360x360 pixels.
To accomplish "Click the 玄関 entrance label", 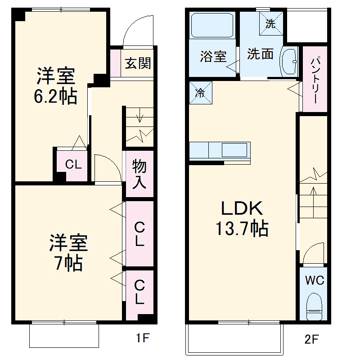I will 138,63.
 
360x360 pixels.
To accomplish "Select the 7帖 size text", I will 68,262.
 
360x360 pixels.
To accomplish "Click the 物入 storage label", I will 139,174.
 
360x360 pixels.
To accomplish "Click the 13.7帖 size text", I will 242,229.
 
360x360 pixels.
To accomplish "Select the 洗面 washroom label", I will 260,54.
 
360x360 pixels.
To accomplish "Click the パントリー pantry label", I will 315,79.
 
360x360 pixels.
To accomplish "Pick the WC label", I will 315,280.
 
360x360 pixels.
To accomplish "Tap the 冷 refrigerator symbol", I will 200,93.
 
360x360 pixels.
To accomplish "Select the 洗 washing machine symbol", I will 270,24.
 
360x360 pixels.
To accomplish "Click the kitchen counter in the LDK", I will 220,150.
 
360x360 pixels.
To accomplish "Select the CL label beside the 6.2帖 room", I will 73,165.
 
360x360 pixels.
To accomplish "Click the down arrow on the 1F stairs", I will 140,117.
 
